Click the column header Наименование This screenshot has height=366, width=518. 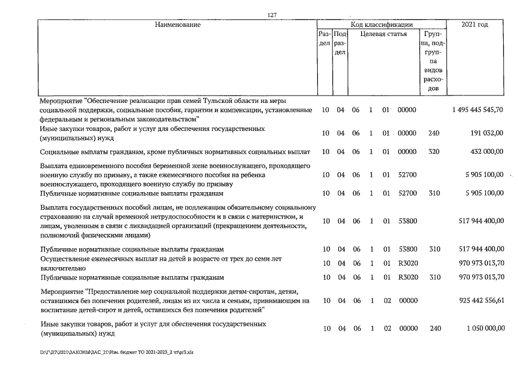tap(177, 25)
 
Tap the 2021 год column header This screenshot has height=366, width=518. tap(474, 25)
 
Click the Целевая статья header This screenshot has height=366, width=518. tap(383, 34)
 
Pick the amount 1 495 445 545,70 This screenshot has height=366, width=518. tap(477, 110)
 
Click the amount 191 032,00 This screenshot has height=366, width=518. tap(487, 133)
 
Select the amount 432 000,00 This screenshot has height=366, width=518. tap(487, 152)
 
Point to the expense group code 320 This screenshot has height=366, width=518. tap(433, 152)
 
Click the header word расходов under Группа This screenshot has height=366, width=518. tap(433, 79)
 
